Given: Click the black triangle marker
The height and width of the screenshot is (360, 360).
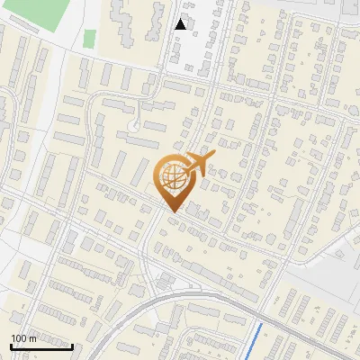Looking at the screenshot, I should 181,24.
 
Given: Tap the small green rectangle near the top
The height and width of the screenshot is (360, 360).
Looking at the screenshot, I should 90,39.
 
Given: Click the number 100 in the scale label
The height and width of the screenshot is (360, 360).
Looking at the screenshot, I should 20,337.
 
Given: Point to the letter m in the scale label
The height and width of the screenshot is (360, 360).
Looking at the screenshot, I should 33,337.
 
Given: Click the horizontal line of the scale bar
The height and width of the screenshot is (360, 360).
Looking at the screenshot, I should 41,346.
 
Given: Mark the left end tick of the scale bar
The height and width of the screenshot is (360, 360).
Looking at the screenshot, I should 11,344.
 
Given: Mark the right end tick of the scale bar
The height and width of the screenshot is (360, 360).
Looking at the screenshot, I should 72,344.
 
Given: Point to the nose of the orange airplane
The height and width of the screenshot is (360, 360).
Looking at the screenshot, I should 212,157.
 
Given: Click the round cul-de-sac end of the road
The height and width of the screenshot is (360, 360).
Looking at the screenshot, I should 134,126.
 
